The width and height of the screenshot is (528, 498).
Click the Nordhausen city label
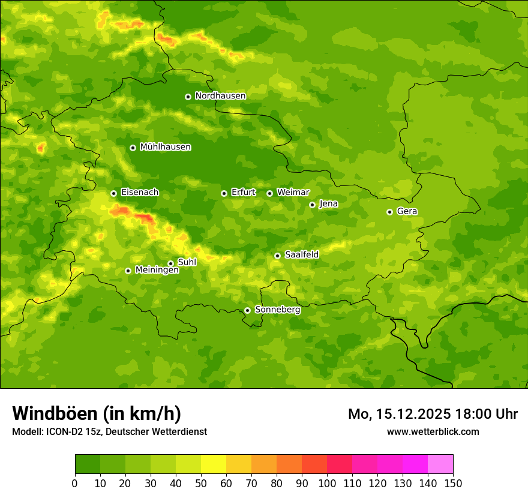coord(220,96)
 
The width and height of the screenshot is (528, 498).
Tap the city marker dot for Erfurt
coord(224,193)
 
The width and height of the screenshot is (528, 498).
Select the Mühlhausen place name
coord(165,147)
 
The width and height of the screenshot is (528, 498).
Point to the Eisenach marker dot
coord(113,193)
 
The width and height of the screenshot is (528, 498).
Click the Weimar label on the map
coord(293,193)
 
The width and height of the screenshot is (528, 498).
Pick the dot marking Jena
coord(312,205)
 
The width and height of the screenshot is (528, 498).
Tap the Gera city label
coord(407,211)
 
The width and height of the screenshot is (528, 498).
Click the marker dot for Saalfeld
coord(277,256)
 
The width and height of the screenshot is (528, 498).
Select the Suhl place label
coord(187,262)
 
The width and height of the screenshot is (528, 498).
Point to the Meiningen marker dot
coord(128,271)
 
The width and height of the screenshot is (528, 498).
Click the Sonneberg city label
coord(277,310)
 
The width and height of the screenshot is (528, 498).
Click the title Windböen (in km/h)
coord(97,413)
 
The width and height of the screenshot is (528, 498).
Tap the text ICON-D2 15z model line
coord(109,432)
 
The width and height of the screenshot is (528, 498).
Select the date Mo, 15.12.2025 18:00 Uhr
coord(433,414)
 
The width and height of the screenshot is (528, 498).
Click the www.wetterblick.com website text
coord(433,432)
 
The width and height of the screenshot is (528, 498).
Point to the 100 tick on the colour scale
coord(327,483)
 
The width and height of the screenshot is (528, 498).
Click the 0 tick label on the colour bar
coord(75,483)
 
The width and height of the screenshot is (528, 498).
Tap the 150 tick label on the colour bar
coord(453,483)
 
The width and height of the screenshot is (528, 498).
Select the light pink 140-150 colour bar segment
coord(440,464)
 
